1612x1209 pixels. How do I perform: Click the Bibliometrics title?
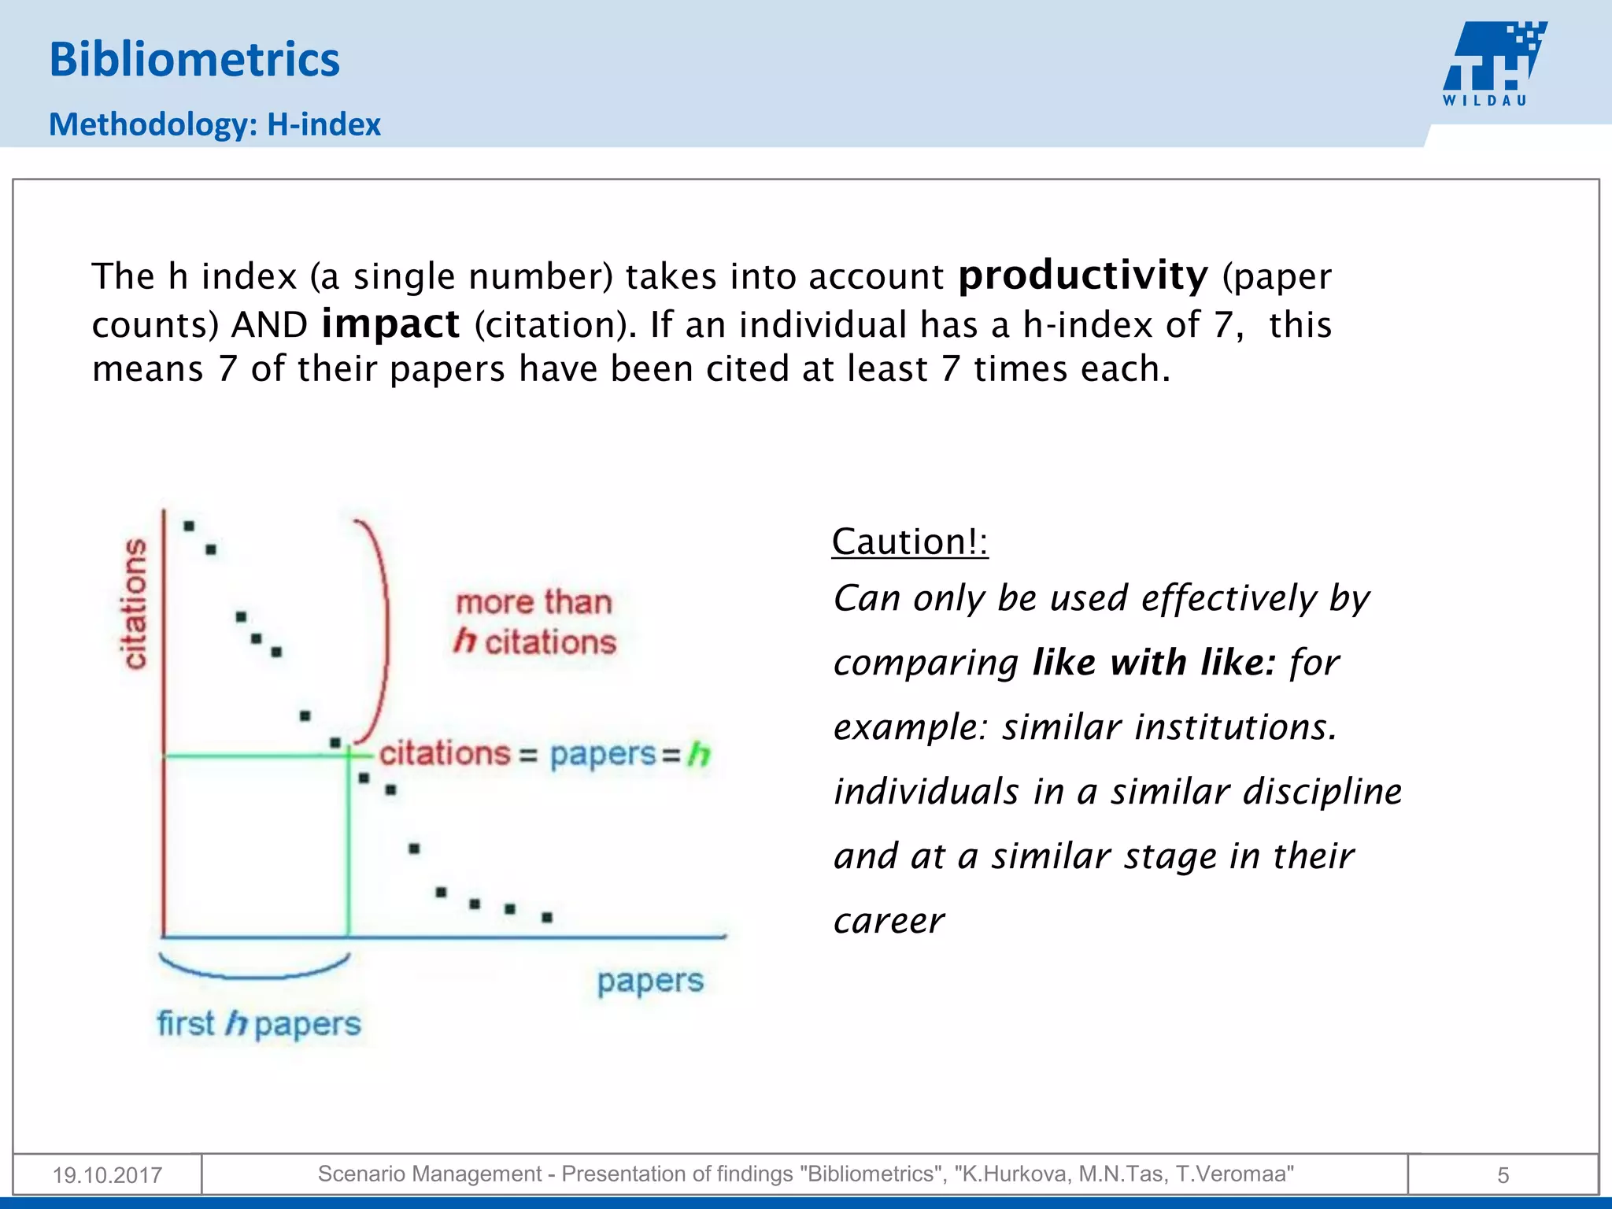(194, 60)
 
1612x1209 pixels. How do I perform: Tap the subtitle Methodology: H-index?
(214, 124)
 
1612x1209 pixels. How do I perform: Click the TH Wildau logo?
(1493, 63)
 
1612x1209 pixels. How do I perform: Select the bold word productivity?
(1082, 275)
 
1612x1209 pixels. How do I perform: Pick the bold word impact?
(390, 324)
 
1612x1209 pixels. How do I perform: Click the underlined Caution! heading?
(909, 542)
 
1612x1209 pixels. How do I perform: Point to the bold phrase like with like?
(1153, 662)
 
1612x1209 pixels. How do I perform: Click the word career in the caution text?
(889, 920)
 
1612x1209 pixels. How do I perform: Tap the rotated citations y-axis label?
(135, 604)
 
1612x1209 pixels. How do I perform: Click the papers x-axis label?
(649, 982)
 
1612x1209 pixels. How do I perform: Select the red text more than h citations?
(534, 622)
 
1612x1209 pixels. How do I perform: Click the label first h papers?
(258, 1024)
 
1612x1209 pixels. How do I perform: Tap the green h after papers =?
(699, 754)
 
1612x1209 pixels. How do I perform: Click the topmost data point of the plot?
(189, 526)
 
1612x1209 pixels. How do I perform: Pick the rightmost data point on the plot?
(547, 917)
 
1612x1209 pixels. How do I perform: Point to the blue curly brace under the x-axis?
(253, 969)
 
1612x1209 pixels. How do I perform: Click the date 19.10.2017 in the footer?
(107, 1175)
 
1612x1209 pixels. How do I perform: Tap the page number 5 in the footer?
(1503, 1175)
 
